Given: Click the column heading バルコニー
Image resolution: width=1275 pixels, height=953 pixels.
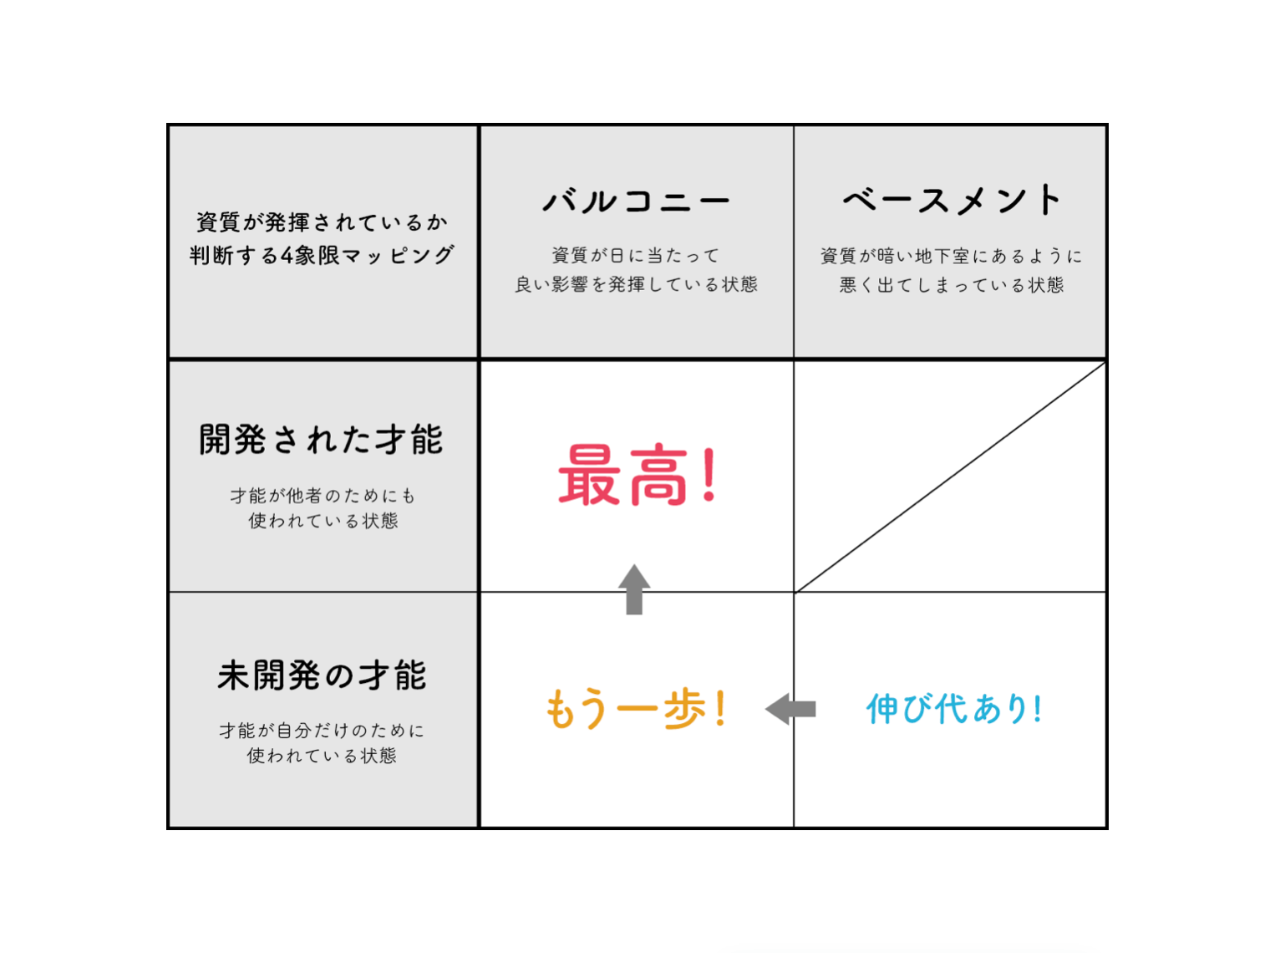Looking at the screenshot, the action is click(636, 201).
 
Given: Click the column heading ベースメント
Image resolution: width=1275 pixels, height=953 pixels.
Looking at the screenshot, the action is click(952, 199).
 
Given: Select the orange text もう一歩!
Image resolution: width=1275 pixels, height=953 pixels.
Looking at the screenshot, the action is click(636, 708).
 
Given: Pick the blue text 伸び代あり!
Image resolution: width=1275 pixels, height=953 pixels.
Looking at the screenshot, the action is click(954, 708).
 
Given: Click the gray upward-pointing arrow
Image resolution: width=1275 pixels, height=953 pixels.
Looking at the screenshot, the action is click(633, 589).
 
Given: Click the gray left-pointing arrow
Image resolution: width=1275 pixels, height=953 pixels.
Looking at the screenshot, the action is click(790, 709).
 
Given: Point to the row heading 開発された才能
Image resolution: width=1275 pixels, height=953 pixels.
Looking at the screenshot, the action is click(321, 440).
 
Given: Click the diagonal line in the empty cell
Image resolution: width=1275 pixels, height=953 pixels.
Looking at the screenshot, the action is click(950, 477).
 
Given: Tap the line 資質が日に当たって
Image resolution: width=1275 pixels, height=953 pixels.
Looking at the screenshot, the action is click(636, 255).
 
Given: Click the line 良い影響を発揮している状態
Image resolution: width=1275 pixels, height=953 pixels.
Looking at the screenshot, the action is click(636, 284).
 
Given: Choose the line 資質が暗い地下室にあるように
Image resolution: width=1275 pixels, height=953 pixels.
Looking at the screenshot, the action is click(951, 256).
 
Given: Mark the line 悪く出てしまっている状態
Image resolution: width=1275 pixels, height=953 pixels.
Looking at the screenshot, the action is click(952, 285).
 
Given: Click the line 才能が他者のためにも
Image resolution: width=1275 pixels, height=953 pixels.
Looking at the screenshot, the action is click(323, 496).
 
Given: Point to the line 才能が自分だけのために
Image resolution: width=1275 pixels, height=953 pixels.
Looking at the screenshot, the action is click(322, 731).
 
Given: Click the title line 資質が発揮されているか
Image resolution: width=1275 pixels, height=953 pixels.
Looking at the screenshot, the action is click(322, 222).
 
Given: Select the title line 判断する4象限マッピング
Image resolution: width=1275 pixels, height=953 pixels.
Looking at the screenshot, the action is click(322, 255).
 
